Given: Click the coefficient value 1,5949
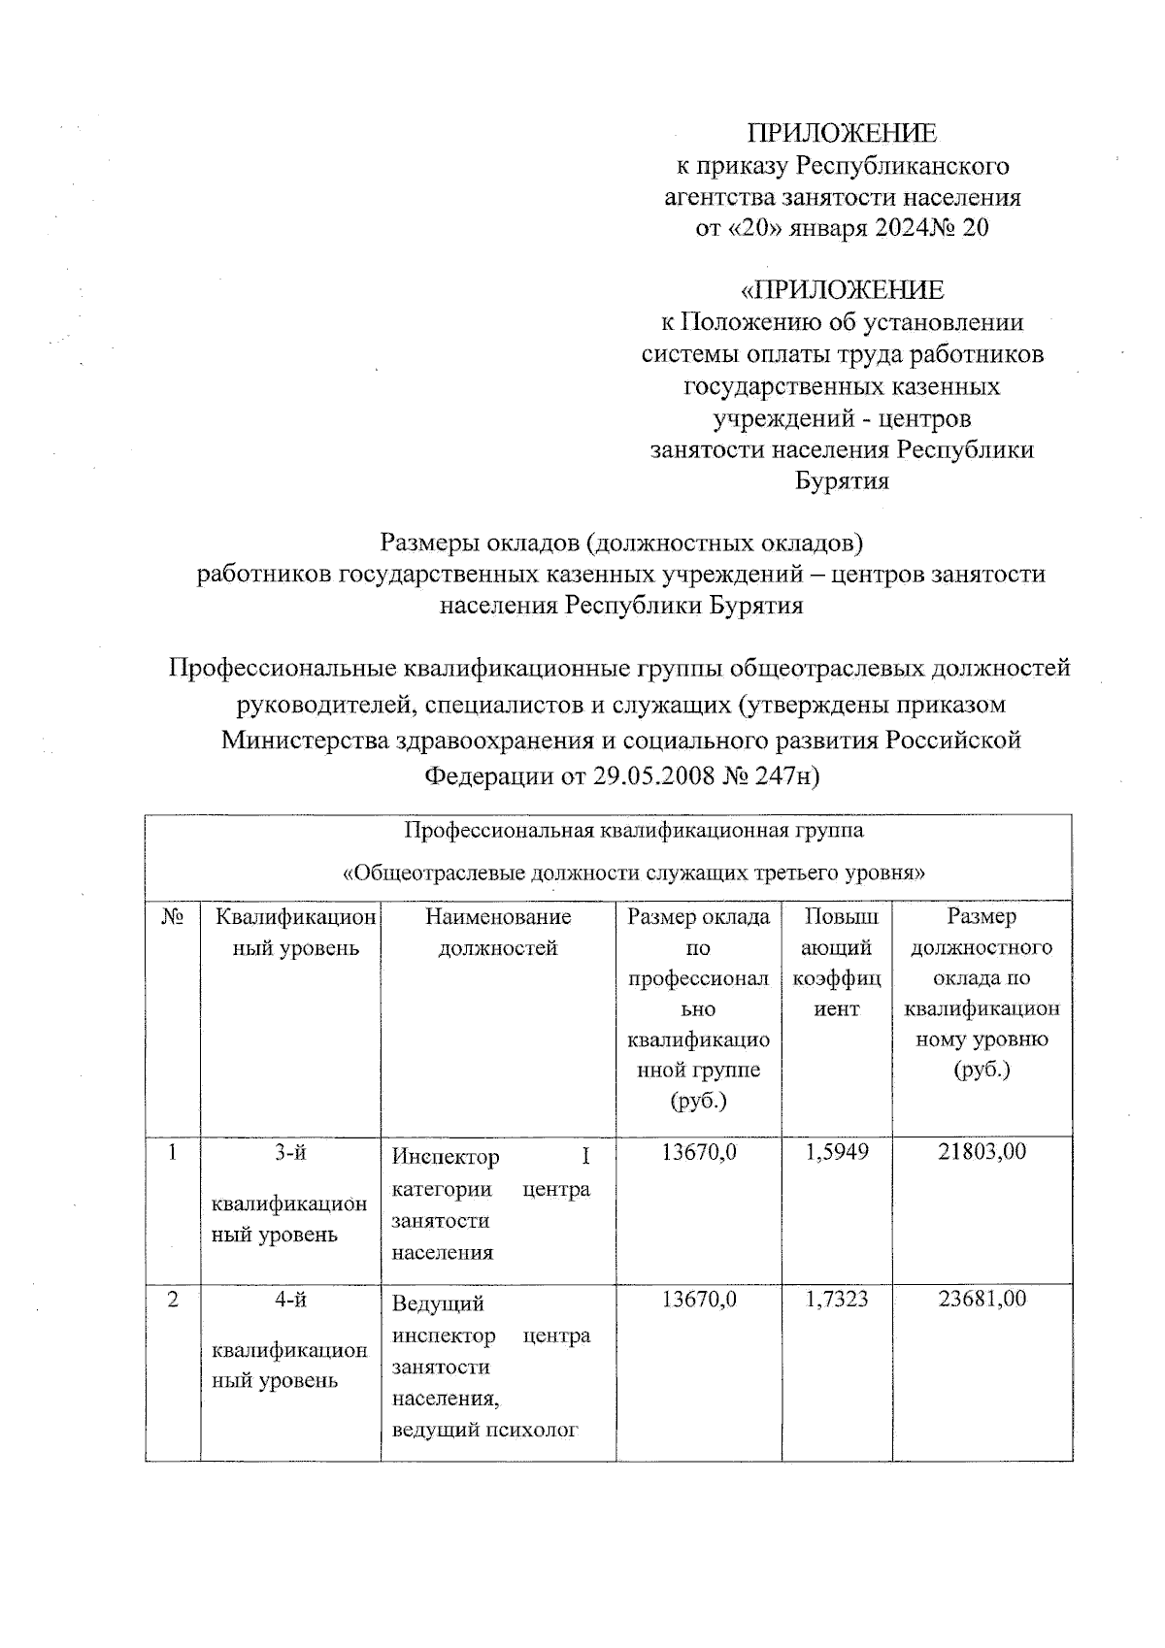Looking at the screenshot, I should (837, 1152).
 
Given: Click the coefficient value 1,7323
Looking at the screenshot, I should (837, 1299).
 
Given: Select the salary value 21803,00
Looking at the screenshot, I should (982, 1152).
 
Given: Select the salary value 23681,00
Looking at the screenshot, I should (982, 1299).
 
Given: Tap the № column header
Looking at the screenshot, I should (173, 917).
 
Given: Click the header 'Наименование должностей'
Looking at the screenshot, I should (498, 933).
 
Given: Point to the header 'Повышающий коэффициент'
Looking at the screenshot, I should (837, 963).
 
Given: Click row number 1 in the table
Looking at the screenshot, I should (173, 1152).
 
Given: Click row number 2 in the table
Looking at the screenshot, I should (173, 1299).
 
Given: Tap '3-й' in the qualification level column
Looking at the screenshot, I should (290, 1152).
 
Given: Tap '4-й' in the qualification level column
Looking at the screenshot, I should (290, 1299).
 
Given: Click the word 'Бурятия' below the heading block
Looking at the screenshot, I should (842, 481).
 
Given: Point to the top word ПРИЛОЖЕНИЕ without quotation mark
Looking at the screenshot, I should (842, 134).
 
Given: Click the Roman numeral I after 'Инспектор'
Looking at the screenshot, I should (584, 1157).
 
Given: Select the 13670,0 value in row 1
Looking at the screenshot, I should (699, 1152).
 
